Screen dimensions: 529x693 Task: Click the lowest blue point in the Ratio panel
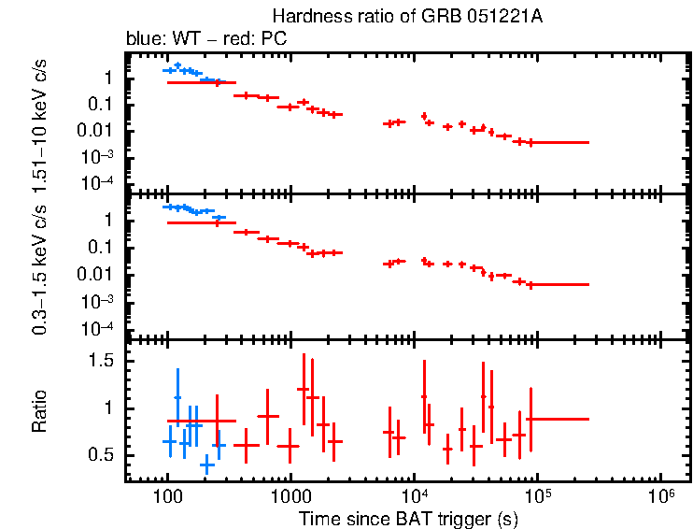point(206,465)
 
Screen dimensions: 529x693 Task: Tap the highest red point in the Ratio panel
point(303,389)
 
